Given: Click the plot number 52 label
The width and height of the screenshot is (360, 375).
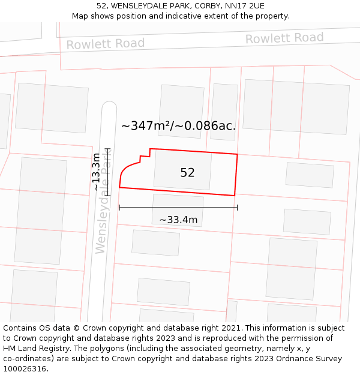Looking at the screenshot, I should click(187, 173).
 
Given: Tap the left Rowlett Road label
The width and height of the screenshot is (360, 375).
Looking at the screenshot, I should click(106, 44).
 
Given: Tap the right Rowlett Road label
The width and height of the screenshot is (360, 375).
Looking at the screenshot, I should click(284, 38).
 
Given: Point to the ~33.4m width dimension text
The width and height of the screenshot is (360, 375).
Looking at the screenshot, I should click(178, 220).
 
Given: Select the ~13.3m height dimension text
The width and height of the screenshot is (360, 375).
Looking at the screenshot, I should click(96, 172).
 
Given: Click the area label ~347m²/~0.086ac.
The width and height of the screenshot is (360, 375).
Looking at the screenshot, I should click(178, 126).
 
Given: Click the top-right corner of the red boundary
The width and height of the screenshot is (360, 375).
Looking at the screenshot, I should click(237, 154).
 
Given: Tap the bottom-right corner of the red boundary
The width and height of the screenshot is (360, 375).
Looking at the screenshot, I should click(234, 195).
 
